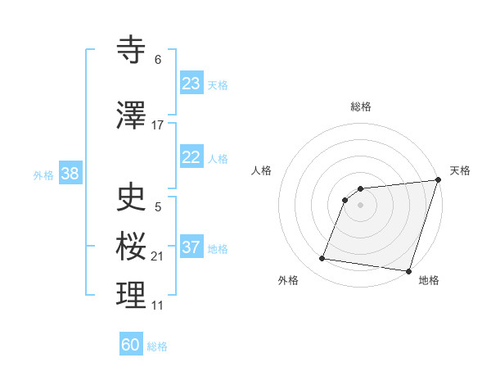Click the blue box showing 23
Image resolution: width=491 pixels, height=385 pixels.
point(191,84)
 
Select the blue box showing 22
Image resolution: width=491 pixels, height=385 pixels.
point(191,158)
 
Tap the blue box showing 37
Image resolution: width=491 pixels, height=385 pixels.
point(191,248)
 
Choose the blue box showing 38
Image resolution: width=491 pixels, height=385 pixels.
point(70,174)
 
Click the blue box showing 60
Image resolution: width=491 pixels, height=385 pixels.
point(131,345)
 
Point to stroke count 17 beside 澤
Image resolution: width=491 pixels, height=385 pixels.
point(158,125)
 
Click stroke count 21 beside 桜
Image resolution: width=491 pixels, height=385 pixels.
point(158,256)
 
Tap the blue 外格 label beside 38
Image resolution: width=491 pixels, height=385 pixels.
point(43,174)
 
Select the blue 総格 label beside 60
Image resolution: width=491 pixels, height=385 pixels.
point(158,346)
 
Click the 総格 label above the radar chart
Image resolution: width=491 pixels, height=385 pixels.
point(361,107)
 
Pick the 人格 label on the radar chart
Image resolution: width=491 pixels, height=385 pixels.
point(261,170)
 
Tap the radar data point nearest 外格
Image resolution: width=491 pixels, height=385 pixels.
point(322,259)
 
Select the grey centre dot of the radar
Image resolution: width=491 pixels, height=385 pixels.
point(361,205)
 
